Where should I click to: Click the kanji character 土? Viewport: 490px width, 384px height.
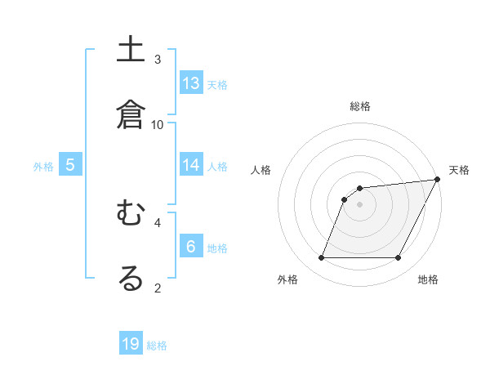click(x=131, y=50)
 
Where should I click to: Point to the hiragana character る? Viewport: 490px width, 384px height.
click(x=131, y=279)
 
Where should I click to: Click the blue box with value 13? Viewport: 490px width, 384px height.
click(x=191, y=83)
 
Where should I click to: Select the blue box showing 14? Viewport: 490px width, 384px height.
click(x=191, y=165)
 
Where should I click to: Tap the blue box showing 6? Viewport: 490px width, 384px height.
click(x=191, y=247)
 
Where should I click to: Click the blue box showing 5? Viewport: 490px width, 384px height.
click(x=70, y=165)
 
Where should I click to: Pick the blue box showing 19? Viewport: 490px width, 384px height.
click(x=131, y=344)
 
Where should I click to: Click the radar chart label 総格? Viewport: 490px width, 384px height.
click(x=360, y=107)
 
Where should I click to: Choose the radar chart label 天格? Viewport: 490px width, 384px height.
click(x=459, y=170)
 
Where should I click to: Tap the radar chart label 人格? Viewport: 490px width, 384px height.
click(x=261, y=170)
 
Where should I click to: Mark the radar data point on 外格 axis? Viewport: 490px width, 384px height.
click(x=321, y=258)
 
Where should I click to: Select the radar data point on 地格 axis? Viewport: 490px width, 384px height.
click(x=399, y=258)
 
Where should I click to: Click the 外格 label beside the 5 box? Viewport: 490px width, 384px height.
click(x=43, y=166)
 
